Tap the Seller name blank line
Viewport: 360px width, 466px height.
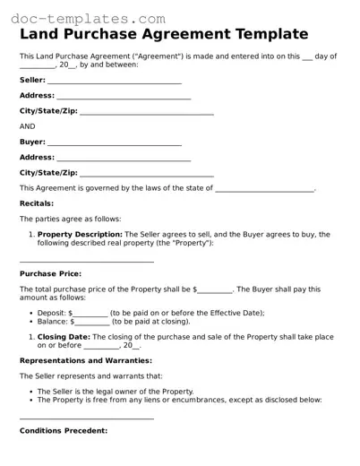[x=114, y=82]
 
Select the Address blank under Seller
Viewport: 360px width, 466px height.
[x=124, y=97]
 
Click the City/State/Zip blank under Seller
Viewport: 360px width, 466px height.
[x=147, y=113]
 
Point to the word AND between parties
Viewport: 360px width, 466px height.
[x=28, y=126]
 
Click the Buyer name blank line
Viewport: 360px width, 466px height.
[x=114, y=142]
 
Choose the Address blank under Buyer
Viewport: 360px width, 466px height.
[x=124, y=158]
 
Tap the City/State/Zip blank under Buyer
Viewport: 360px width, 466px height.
[x=147, y=174]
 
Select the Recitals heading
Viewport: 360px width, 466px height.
[x=38, y=203]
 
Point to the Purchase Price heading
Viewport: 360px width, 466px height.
[x=50, y=273]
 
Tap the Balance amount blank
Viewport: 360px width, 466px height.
[x=92, y=321]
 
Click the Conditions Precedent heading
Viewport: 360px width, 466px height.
[x=64, y=430]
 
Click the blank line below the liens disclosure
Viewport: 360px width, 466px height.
[x=87, y=418]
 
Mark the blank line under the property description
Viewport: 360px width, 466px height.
[x=87, y=261]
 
